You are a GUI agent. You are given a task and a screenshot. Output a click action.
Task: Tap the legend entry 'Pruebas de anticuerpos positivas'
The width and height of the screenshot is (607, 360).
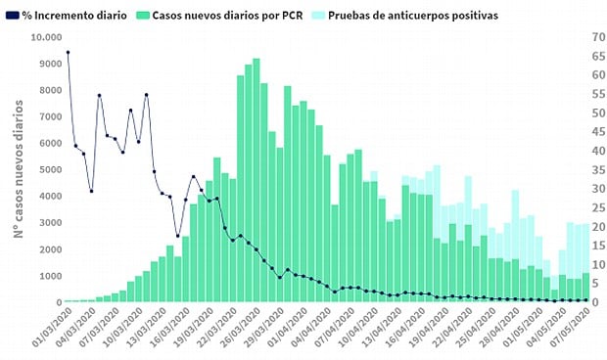pyautogui.click(x=414, y=16)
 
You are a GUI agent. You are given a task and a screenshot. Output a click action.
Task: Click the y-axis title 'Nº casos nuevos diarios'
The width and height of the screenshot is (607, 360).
pyautogui.click(x=18, y=168)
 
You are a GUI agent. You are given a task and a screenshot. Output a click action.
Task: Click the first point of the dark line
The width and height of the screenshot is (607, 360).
pyautogui.click(x=68, y=52)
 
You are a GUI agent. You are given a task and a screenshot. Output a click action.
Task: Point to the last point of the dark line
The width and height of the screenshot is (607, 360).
pyautogui.click(x=585, y=299)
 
